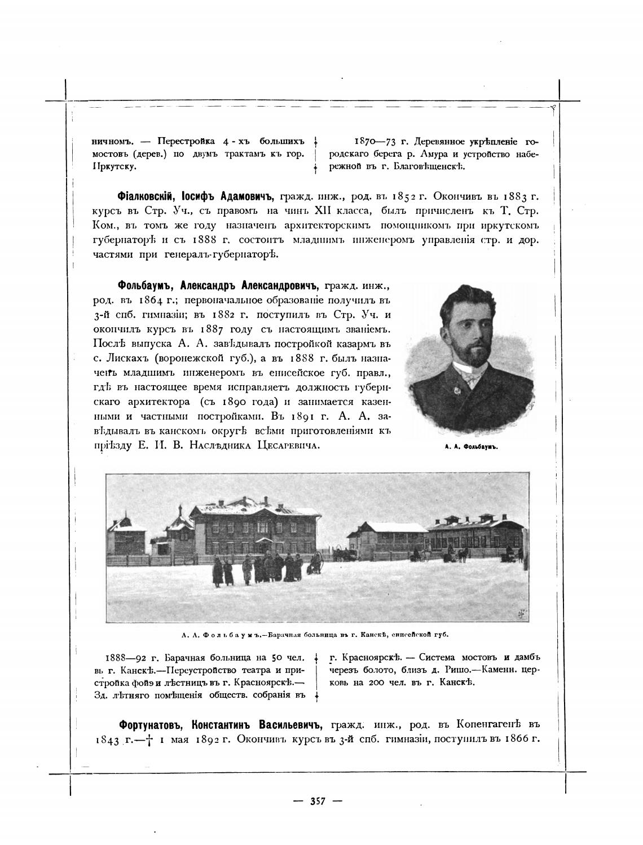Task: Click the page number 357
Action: tap(318, 801)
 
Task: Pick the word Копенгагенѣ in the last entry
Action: tap(490, 724)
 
